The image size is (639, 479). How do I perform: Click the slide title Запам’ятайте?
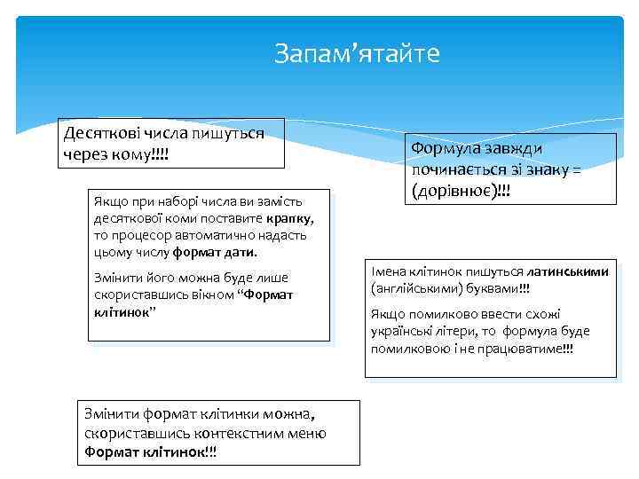[357, 54]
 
